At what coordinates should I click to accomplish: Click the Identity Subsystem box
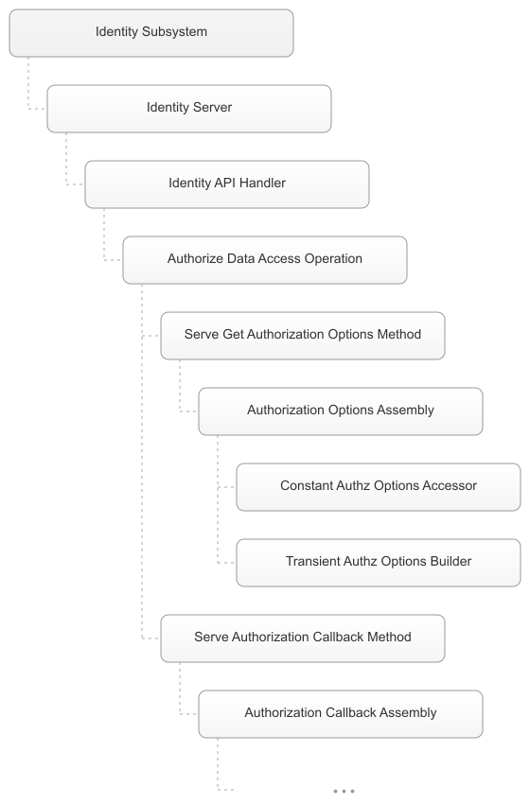151,32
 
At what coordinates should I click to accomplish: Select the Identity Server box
189,108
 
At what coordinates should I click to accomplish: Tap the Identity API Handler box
227,184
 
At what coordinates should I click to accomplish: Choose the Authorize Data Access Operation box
265,259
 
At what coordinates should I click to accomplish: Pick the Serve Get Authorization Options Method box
303,335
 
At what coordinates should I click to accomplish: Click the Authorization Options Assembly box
341,411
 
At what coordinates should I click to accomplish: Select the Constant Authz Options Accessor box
379,486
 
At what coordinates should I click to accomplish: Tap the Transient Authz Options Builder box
379,562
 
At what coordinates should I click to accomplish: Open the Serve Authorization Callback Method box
303,638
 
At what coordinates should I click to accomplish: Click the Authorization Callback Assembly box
341,713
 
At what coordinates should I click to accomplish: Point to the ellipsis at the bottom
344,790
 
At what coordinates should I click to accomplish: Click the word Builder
448,562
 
